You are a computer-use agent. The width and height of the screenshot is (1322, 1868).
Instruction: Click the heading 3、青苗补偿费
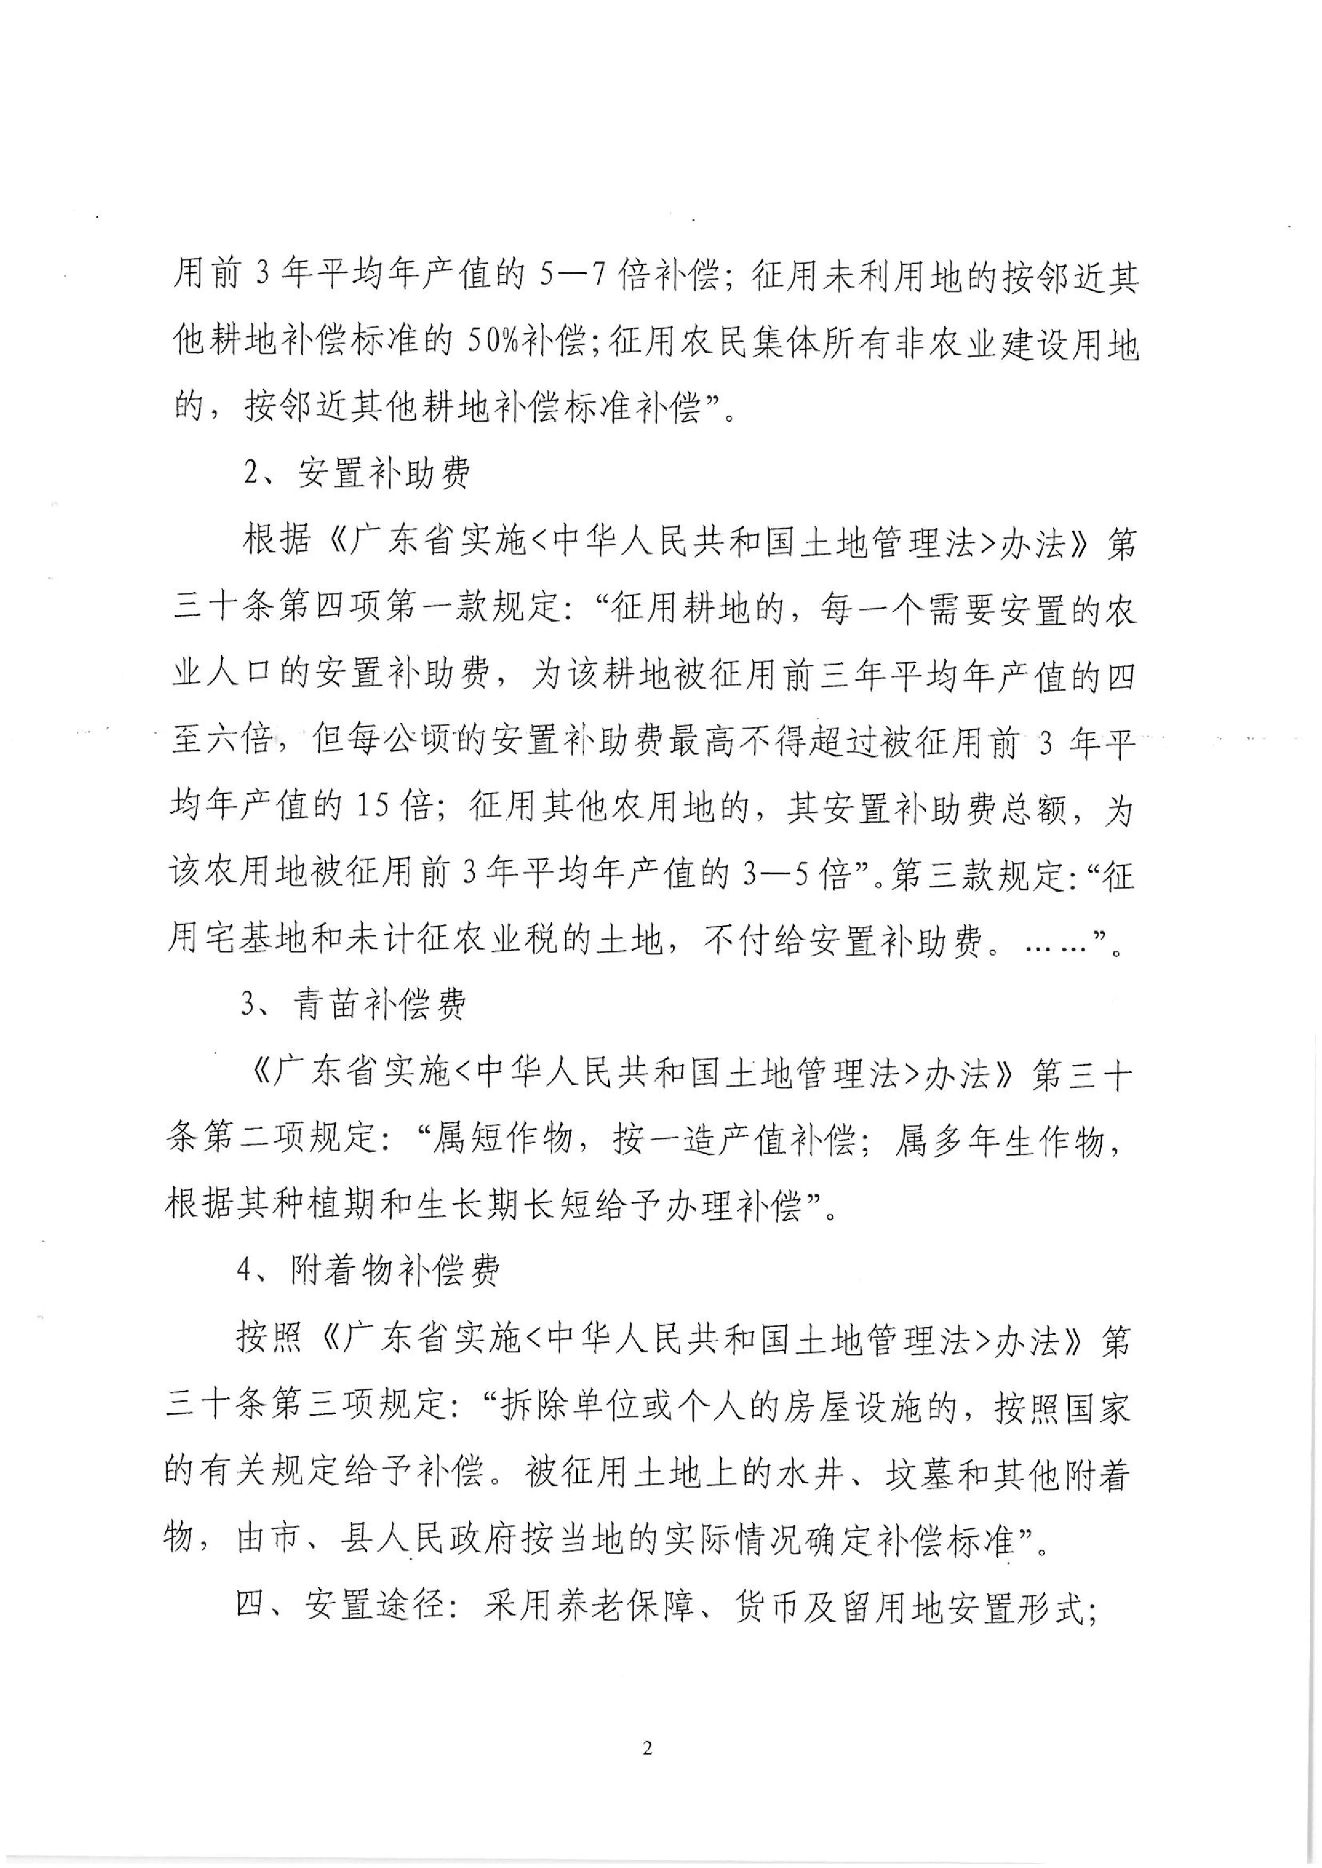(354, 1006)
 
